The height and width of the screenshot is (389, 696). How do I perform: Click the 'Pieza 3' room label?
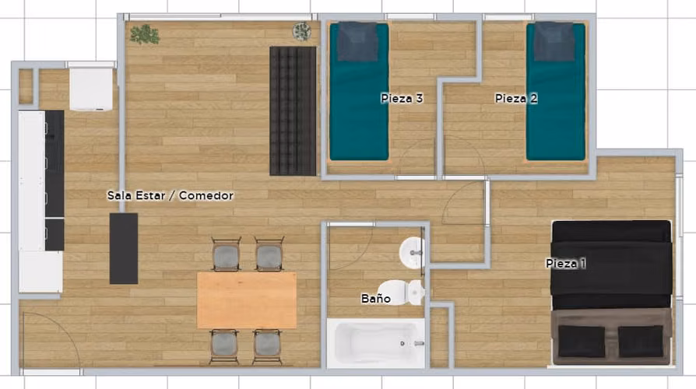pyautogui.click(x=402, y=98)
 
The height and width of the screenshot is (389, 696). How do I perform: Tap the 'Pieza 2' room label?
pyautogui.click(x=516, y=98)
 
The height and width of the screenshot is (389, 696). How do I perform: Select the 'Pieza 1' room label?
pyautogui.click(x=565, y=263)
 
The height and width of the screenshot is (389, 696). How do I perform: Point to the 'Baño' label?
pyautogui.click(x=375, y=299)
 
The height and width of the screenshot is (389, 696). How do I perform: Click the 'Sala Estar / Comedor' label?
pyautogui.click(x=170, y=195)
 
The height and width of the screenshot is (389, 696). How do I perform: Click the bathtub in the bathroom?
pyautogui.click(x=375, y=343)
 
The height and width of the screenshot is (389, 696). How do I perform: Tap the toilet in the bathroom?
pyautogui.click(x=401, y=293)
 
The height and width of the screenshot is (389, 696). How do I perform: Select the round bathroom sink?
pyautogui.click(x=412, y=253)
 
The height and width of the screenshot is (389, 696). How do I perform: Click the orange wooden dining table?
pyautogui.click(x=247, y=300)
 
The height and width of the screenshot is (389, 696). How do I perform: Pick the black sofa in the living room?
pyautogui.click(x=293, y=111)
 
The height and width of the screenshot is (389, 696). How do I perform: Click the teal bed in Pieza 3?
pyautogui.click(x=359, y=91)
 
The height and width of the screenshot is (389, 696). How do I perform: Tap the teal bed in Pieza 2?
pyautogui.click(x=556, y=91)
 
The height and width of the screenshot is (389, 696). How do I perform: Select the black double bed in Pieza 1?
pyautogui.click(x=611, y=293)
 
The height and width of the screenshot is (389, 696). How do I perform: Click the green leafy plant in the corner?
pyautogui.click(x=145, y=34)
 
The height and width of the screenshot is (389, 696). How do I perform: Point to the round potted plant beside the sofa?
pyautogui.click(x=302, y=31)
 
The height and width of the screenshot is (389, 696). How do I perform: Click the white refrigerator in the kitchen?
pyautogui.click(x=91, y=89)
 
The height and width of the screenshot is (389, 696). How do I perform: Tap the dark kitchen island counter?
pyautogui.click(x=124, y=248)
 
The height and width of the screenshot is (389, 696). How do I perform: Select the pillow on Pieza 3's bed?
pyautogui.click(x=358, y=42)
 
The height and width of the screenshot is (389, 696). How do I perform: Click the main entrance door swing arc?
pyautogui.click(x=62, y=328)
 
